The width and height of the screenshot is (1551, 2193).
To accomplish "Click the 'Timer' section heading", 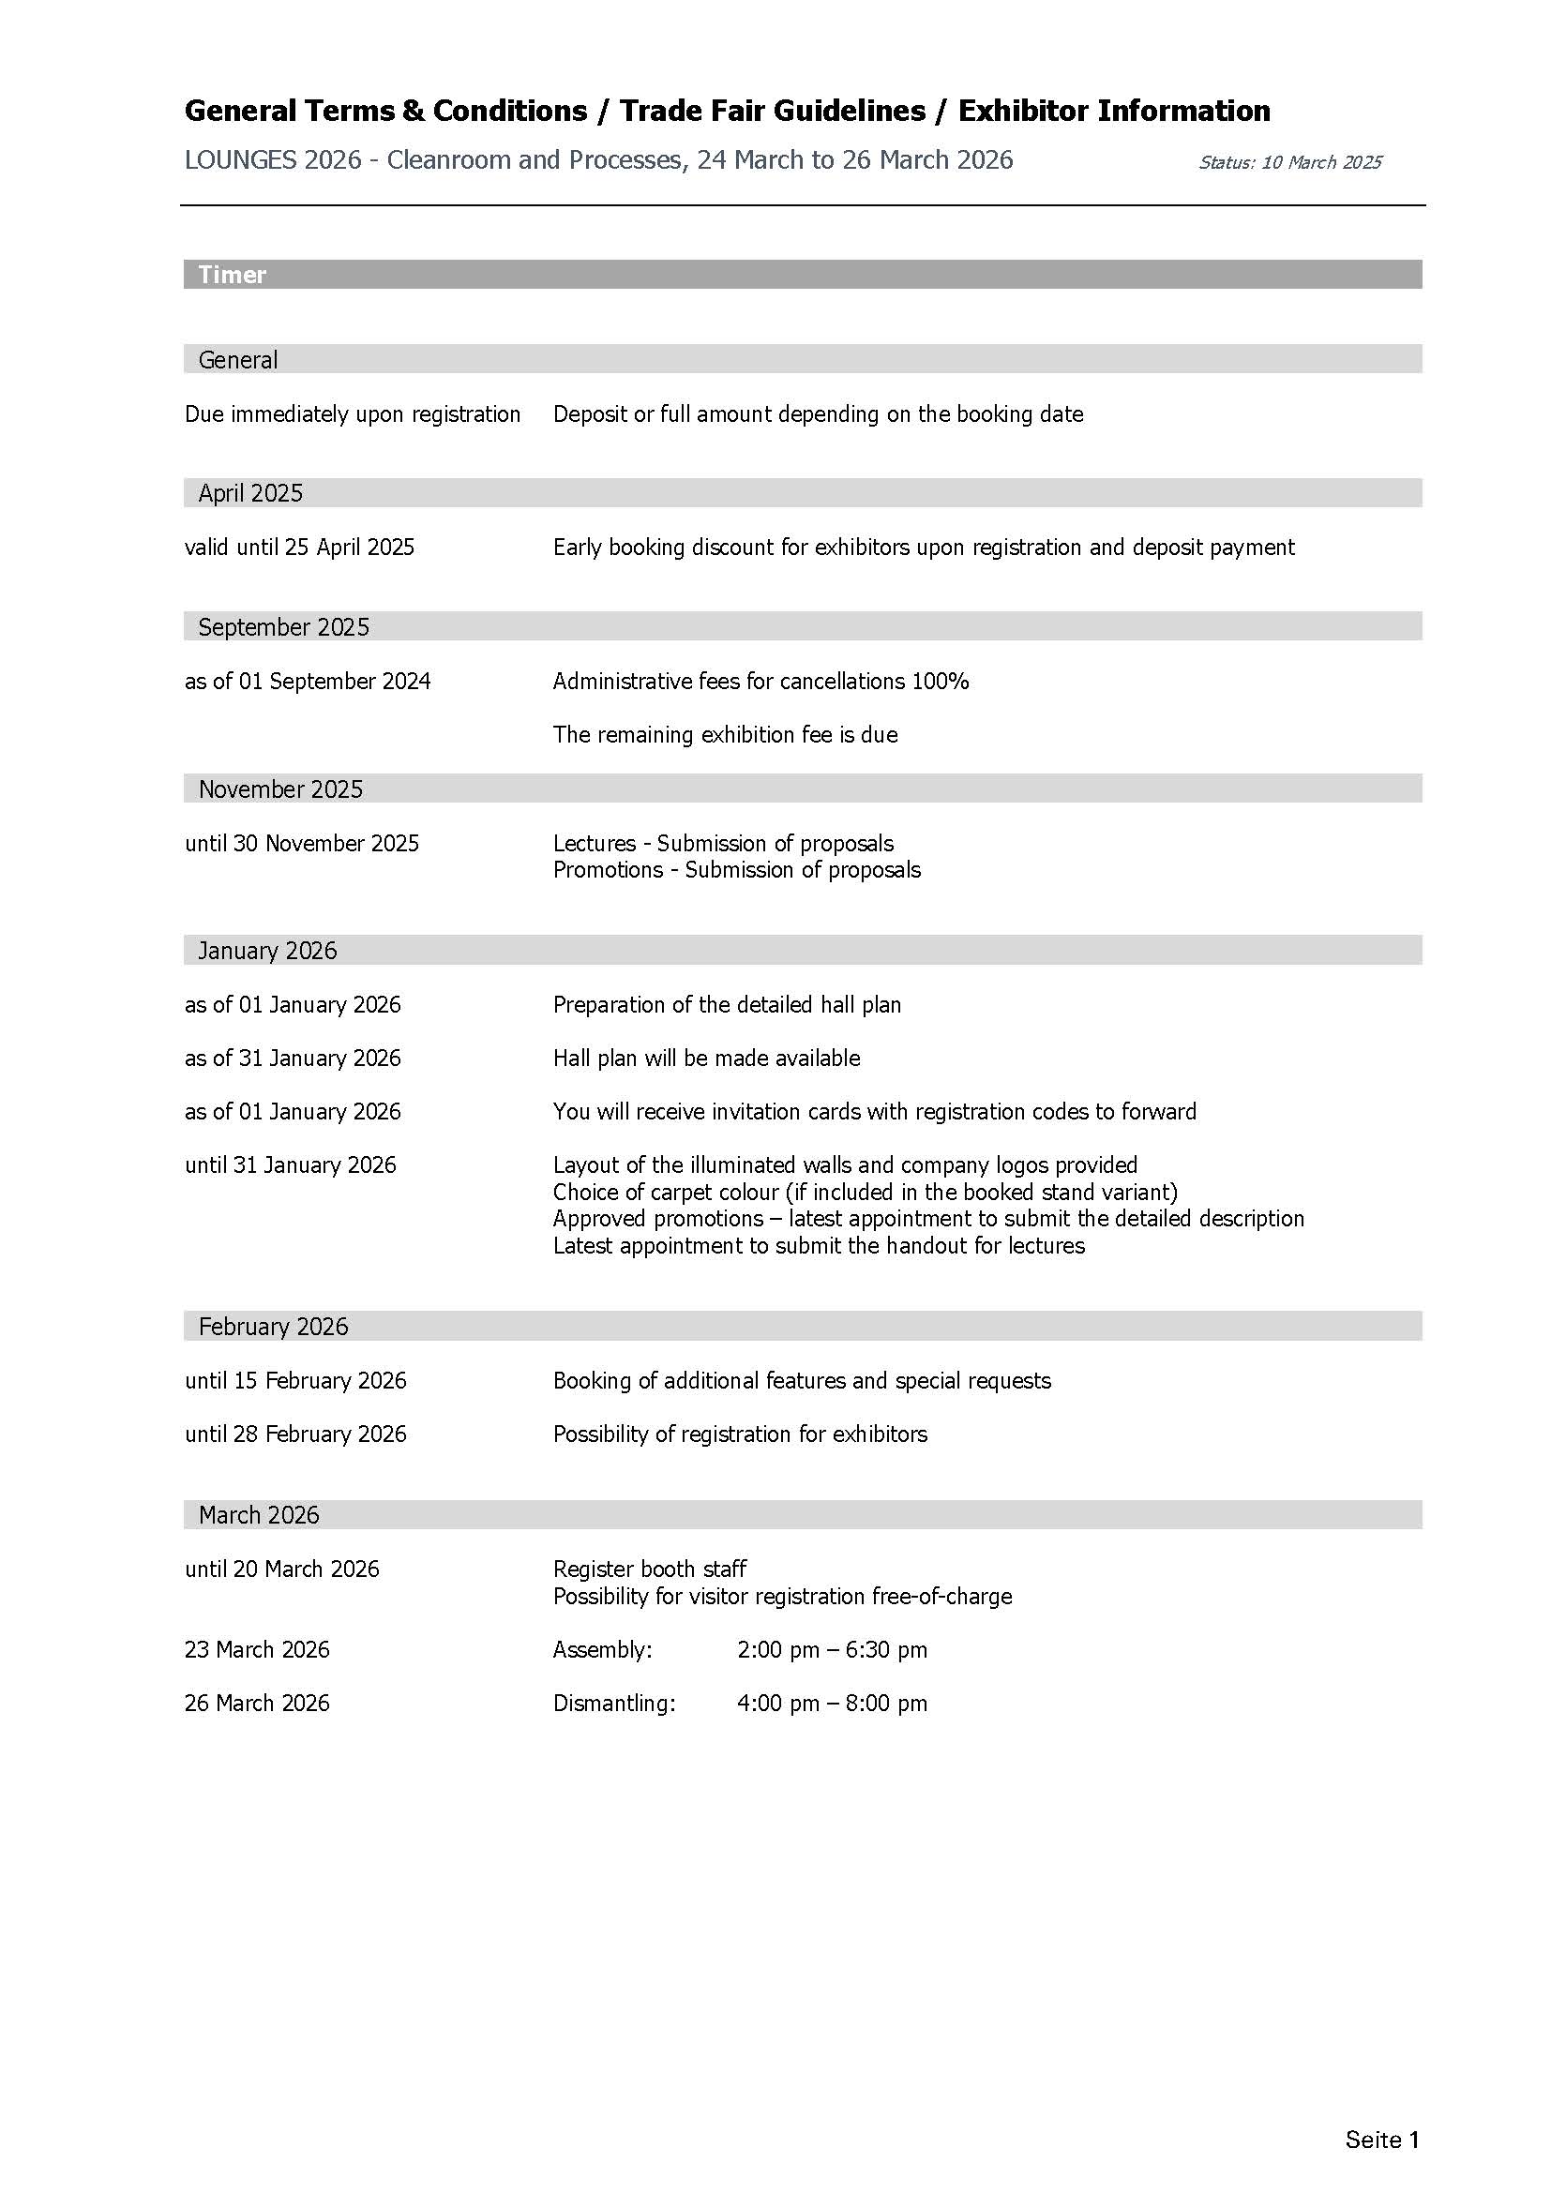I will (x=232, y=275).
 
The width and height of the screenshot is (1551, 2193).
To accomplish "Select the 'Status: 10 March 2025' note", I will (x=1289, y=162).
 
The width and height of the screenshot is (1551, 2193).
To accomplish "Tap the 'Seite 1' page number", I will (x=1381, y=2140).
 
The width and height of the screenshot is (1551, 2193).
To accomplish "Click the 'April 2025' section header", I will (x=250, y=493).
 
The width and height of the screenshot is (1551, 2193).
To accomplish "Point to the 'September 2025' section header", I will (x=283, y=626).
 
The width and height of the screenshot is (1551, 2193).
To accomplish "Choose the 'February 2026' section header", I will (x=273, y=1326).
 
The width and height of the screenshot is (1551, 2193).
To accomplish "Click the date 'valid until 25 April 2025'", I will (x=299, y=548).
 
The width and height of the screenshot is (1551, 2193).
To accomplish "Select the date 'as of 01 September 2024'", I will (x=308, y=681).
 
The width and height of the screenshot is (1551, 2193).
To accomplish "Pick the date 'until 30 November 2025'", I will (x=302, y=844).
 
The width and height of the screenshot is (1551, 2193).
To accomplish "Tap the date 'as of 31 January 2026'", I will (x=293, y=1059).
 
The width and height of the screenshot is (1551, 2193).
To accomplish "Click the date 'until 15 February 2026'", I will (x=295, y=1380).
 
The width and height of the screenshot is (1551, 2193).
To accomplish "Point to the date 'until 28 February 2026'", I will (x=295, y=1434).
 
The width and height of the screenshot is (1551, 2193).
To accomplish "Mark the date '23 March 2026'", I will (x=257, y=1649).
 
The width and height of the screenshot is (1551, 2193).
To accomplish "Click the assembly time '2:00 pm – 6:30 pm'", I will (x=832, y=1649).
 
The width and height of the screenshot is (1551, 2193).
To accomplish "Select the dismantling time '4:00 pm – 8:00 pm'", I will (x=832, y=1703).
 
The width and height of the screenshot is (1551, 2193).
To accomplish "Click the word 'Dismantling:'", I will (x=614, y=1703).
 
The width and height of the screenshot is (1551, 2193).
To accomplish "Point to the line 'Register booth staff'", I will (x=650, y=1570).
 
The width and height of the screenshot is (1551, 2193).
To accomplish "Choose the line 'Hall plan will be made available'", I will (x=706, y=1059).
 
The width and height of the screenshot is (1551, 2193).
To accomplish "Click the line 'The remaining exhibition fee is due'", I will (x=725, y=734).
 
